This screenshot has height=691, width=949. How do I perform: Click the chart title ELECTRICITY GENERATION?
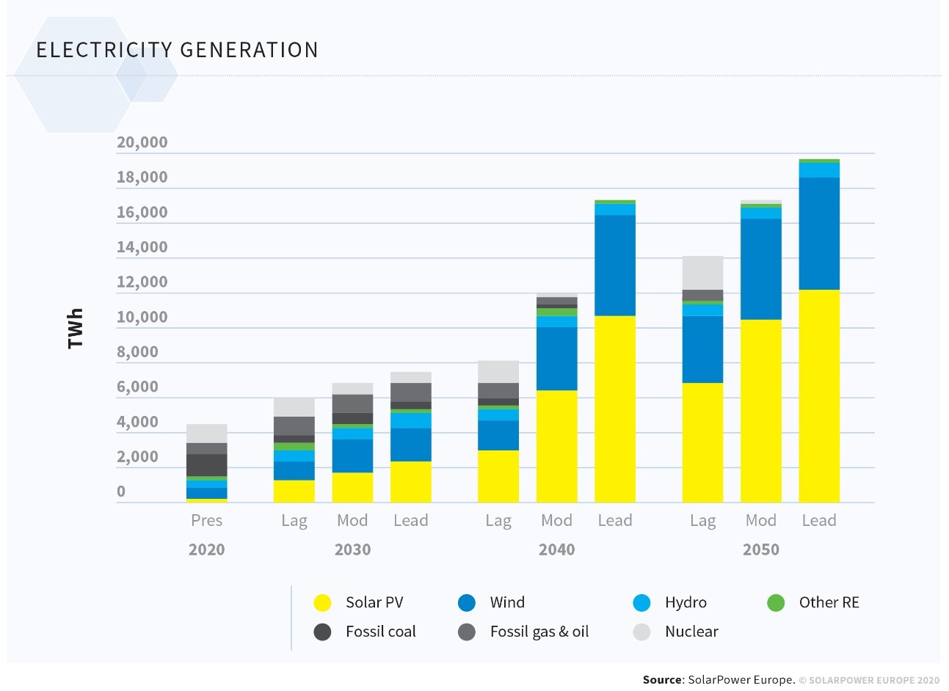pyautogui.click(x=177, y=50)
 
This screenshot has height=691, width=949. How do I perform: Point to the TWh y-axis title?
pyautogui.click(x=75, y=328)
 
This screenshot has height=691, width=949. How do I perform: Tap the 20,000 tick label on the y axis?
pyautogui.click(x=142, y=142)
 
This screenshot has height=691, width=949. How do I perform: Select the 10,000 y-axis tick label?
pyautogui.click(x=142, y=317)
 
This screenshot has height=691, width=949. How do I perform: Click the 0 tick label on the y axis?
pyautogui.click(x=121, y=491)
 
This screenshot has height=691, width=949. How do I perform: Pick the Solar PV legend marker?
pyautogui.click(x=322, y=603)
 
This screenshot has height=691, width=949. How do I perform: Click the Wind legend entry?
pyautogui.click(x=506, y=602)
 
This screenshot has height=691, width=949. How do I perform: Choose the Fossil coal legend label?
pyautogui.click(x=380, y=632)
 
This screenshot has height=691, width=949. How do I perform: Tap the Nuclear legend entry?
pyautogui.click(x=691, y=632)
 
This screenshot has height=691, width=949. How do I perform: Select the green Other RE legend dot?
pyautogui.click(x=776, y=603)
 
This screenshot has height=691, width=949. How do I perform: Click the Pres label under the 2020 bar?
pyautogui.click(x=206, y=520)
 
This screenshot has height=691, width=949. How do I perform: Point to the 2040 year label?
pyautogui.click(x=556, y=549)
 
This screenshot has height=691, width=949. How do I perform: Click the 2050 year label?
pyautogui.click(x=760, y=549)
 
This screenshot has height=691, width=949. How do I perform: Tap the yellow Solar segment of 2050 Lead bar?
pyautogui.click(x=819, y=396)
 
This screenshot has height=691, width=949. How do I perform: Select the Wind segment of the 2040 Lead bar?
pyautogui.click(x=615, y=265)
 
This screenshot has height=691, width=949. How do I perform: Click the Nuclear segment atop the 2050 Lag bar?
pyautogui.click(x=702, y=273)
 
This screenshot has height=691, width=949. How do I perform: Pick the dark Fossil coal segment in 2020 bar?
pyautogui.click(x=206, y=465)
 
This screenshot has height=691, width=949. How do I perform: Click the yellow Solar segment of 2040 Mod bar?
pyautogui.click(x=556, y=446)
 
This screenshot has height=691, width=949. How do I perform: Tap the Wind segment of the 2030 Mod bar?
pyautogui.click(x=352, y=456)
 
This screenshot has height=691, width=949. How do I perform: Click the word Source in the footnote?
pyautogui.click(x=662, y=680)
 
